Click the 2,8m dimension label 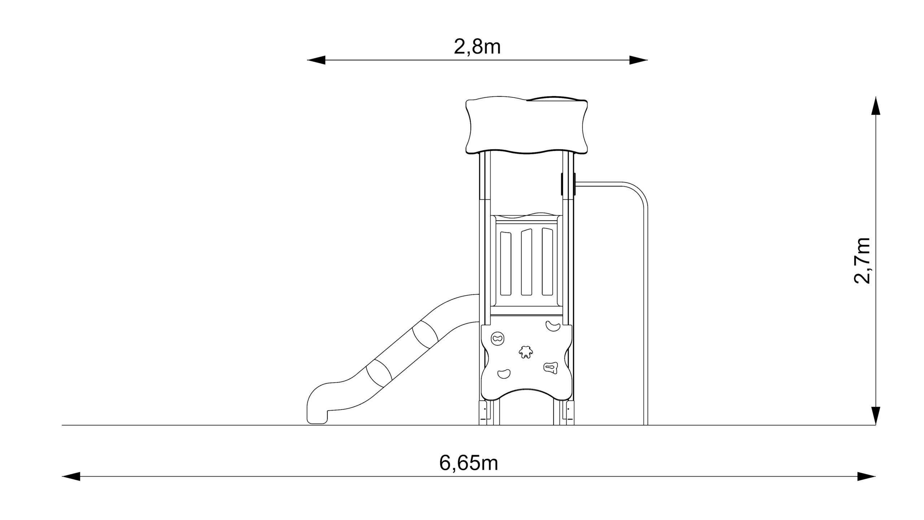(477, 47)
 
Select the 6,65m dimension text (468, 463)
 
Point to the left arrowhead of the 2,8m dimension (316, 60)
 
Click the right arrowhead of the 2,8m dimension (638, 60)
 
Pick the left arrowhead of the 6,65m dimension (71, 476)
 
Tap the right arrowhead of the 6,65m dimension (866, 476)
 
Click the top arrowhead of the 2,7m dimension (875, 106)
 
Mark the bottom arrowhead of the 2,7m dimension (875, 416)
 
